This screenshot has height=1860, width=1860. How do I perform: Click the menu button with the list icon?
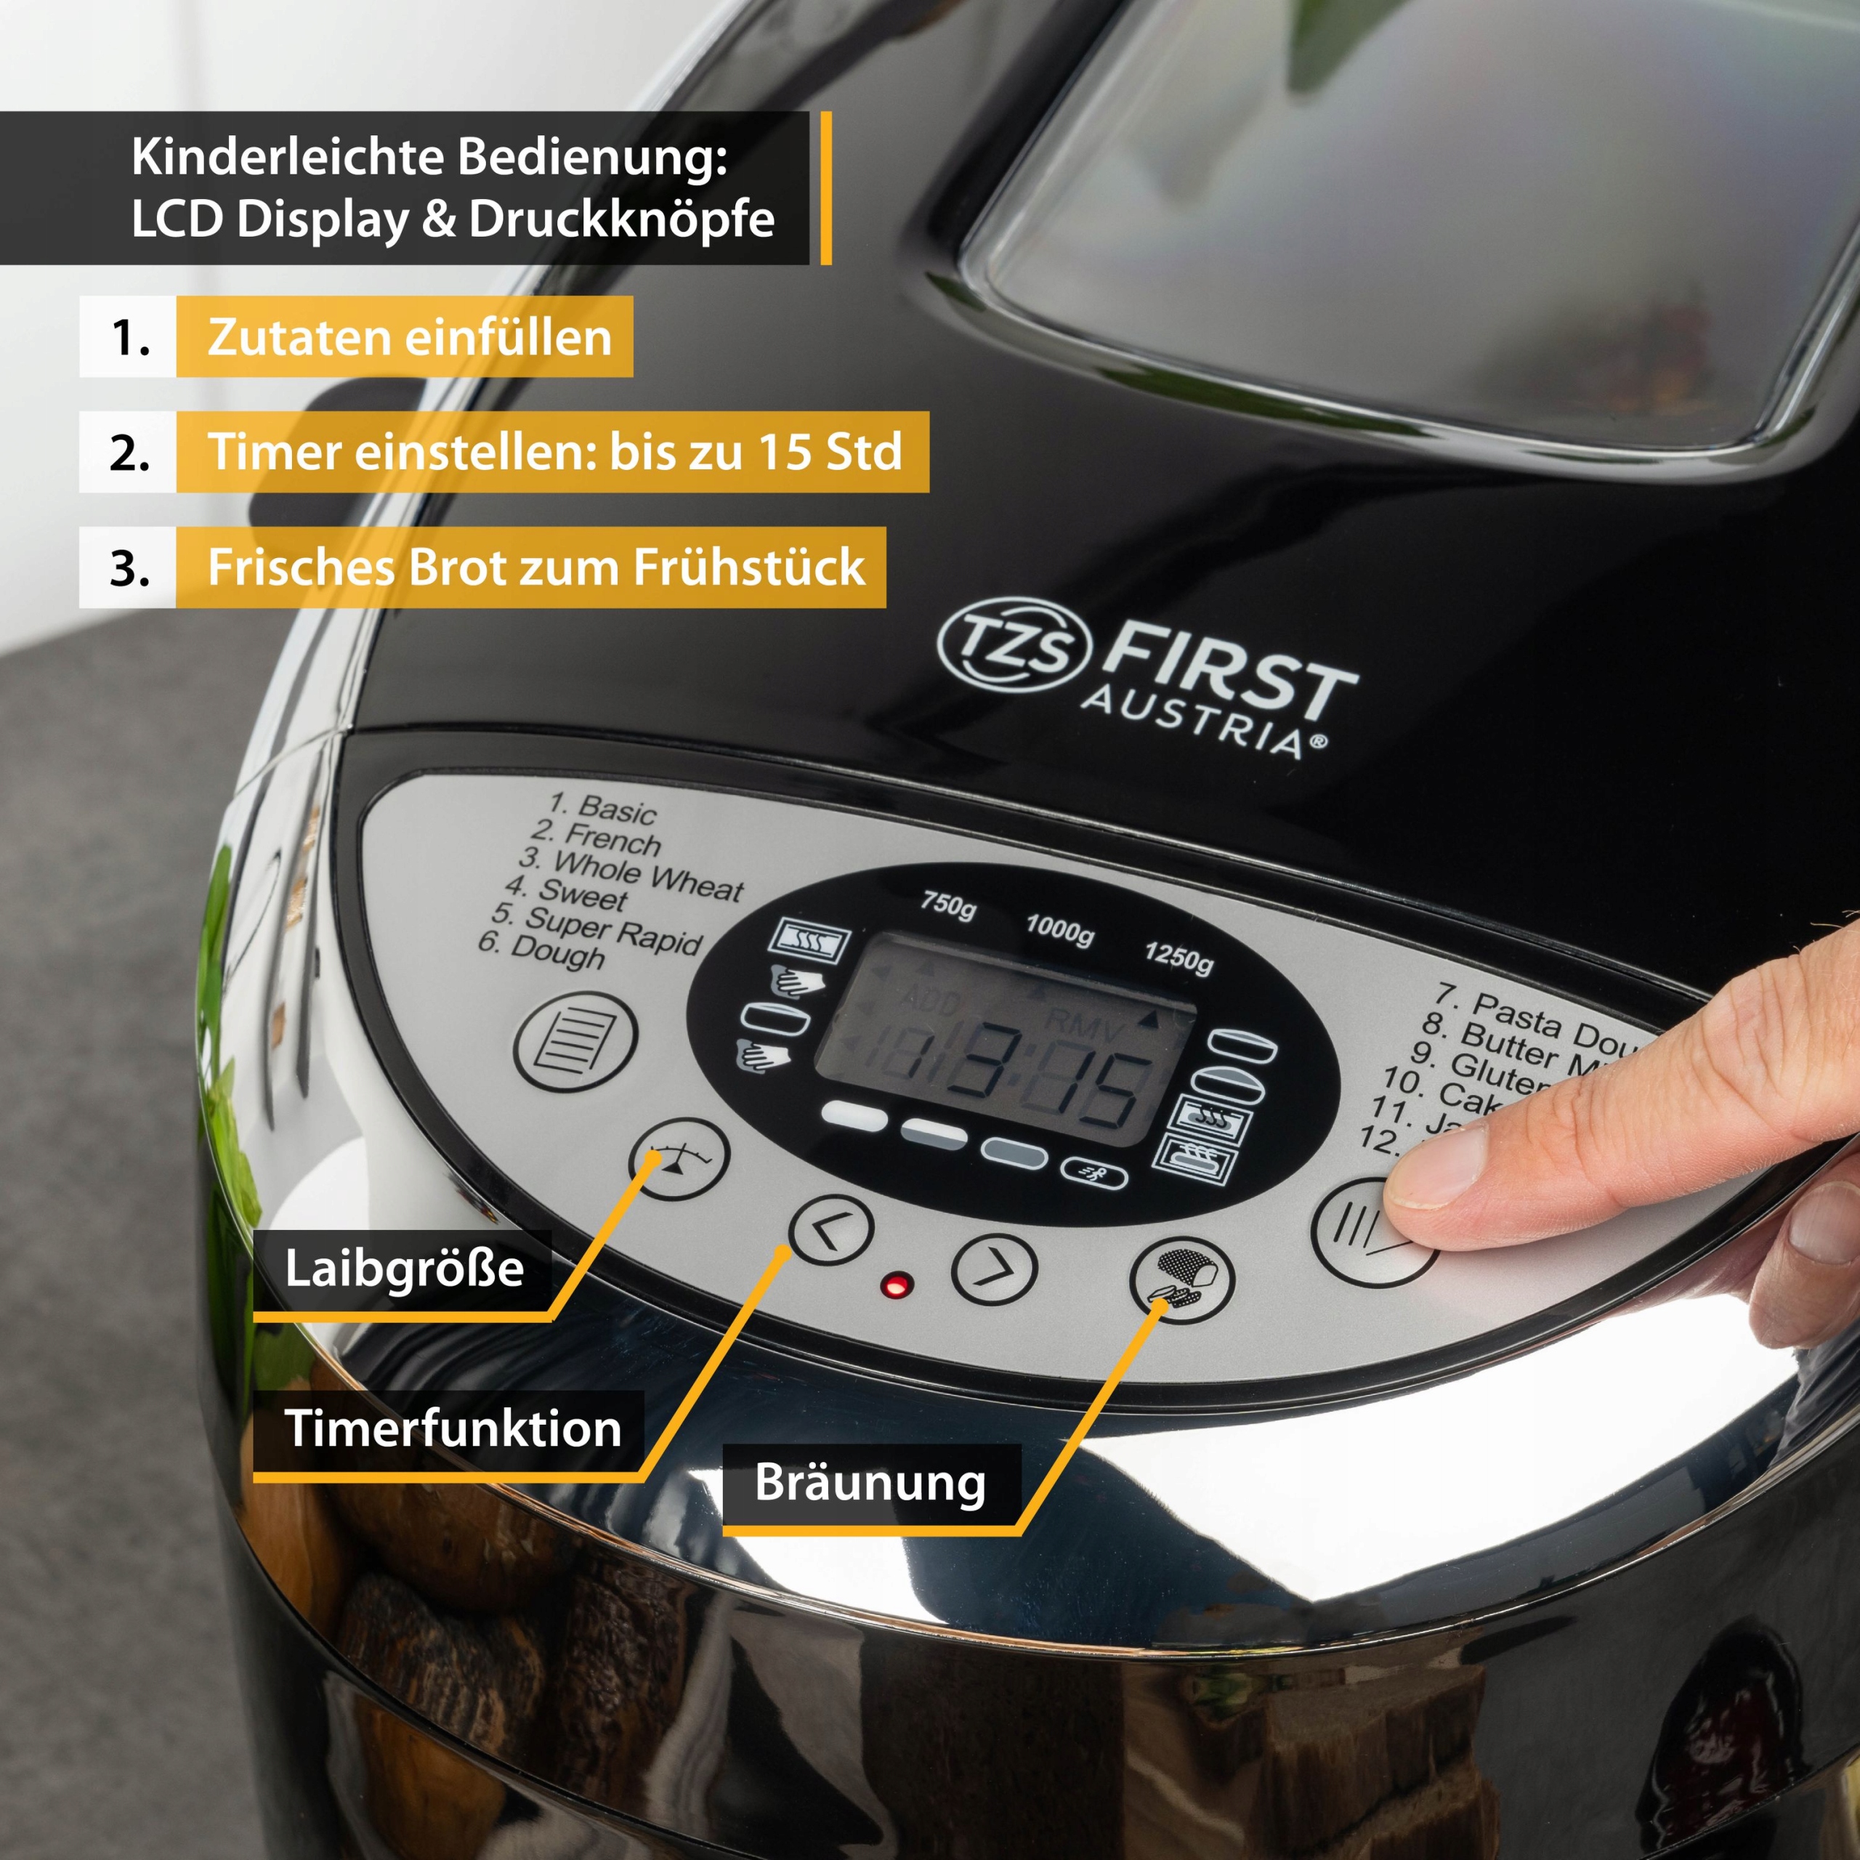575,1042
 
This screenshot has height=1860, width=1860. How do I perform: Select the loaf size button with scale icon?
679,1158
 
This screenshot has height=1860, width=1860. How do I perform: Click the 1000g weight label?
1059,929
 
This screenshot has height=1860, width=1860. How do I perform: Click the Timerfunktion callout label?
453,1428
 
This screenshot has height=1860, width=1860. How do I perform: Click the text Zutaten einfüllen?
409,337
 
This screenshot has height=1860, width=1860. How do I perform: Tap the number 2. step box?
128,453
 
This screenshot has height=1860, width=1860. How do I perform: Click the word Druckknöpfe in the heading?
621,219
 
